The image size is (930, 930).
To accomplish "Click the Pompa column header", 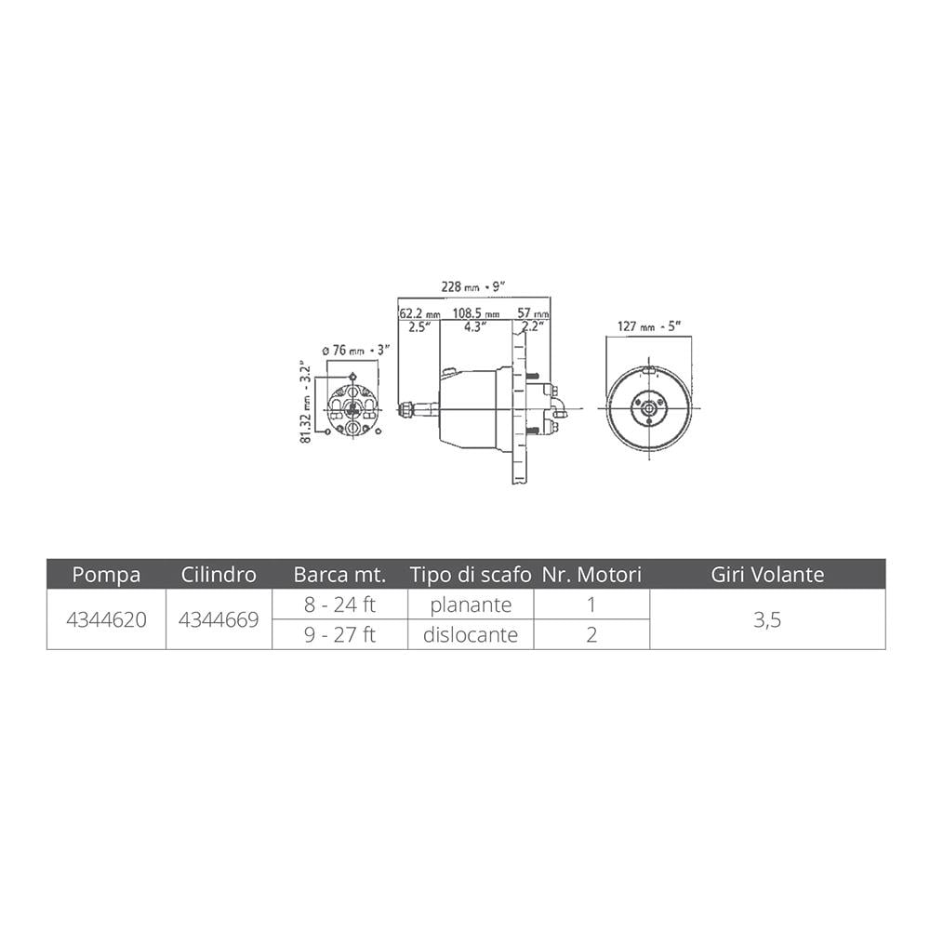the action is click(106, 574).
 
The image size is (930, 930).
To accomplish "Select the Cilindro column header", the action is click(219, 574).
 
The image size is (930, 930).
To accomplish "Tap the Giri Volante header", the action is click(767, 574).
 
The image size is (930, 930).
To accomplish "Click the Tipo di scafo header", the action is click(471, 574).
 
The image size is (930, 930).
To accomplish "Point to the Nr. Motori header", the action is click(591, 574).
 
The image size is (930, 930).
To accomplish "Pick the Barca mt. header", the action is click(339, 574).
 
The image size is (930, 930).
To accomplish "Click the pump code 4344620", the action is click(106, 619).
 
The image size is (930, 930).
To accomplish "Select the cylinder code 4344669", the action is click(219, 619).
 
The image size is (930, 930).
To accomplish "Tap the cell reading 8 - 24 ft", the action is click(339, 604).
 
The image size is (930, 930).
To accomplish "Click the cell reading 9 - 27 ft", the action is click(339, 634).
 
